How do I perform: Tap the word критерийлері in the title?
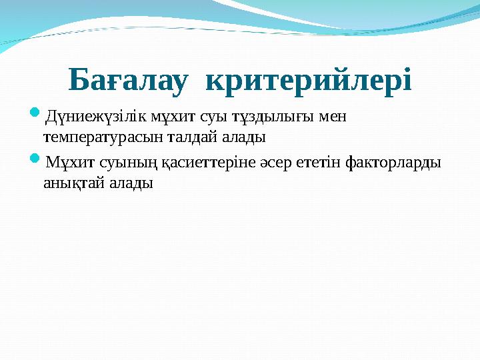(x=309, y=80)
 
